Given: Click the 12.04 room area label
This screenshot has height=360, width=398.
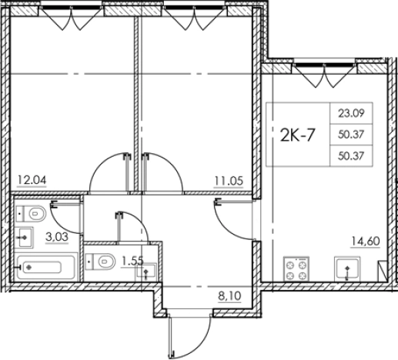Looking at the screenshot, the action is (x=32, y=180).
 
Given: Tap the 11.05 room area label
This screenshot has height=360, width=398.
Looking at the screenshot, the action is (x=229, y=181).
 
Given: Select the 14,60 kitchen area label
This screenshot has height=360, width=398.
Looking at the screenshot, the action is (x=366, y=242).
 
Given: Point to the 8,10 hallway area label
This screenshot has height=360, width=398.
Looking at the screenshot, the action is (x=229, y=296).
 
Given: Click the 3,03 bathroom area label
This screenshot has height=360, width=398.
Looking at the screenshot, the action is (x=57, y=237).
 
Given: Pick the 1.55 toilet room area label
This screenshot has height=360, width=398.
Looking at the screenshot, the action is (x=132, y=262).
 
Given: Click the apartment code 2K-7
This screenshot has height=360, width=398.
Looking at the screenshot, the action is (x=297, y=135).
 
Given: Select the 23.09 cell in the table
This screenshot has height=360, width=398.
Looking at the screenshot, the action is (x=351, y=113).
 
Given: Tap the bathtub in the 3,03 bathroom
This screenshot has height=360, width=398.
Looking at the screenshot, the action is (x=45, y=267).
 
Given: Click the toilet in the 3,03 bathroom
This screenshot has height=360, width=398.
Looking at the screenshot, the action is (x=31, y=214).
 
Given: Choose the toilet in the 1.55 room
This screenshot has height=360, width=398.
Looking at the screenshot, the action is (x=100, y=262).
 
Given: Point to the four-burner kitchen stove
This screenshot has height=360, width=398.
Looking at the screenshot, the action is (x=296, y=269).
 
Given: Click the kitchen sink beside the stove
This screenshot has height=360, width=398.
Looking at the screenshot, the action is (x=347, y=269).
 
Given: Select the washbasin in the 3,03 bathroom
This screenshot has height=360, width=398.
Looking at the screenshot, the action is (x=24, y=238).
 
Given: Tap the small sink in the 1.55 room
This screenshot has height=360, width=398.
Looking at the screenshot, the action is (x=146, y=271).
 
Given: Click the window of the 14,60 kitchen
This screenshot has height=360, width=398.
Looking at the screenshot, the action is (x=325, y=65).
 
